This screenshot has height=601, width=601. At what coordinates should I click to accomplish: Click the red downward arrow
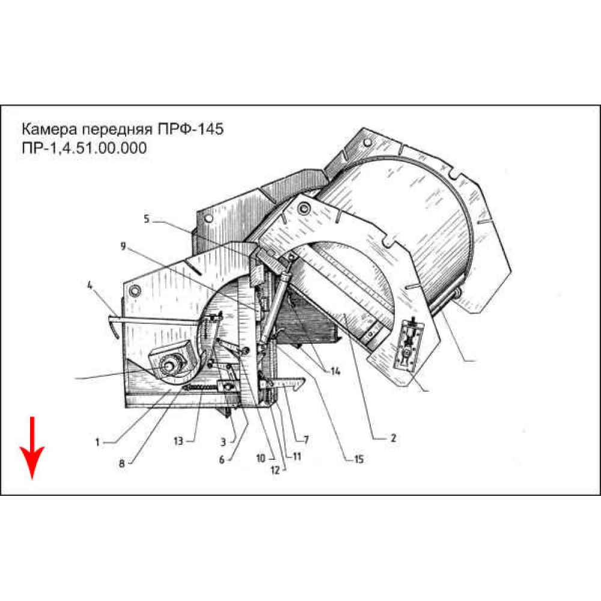[x=32, y=447]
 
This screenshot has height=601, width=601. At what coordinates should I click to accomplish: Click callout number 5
[x=147, y=219]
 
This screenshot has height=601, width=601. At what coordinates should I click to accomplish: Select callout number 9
[x=123, y=246]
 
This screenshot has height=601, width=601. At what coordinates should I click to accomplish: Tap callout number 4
[x=90, y=285]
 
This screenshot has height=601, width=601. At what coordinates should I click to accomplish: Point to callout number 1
[x=97, y=442]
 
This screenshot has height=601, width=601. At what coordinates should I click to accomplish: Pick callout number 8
[x=122, y=463]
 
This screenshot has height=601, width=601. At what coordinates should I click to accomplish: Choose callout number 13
[x=178, y=441]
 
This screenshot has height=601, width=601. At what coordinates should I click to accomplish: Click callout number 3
[x=223, y=442]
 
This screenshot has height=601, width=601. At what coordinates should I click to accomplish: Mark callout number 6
[x=222, y=460]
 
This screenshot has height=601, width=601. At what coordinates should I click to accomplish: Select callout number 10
[x=261, y=458]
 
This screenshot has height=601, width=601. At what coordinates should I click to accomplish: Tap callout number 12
[x=275, y=471]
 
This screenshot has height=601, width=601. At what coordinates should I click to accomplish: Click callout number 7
[x=307, y=440]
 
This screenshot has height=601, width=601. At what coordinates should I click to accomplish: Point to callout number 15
[x=359, y=459]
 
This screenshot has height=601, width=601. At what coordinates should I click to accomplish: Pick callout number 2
[x=393, y=438]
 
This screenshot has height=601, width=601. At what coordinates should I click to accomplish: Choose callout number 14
[x=335, y=371]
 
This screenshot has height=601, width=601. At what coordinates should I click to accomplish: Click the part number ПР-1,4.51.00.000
[x=84, y=148]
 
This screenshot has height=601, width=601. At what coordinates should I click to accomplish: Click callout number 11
[x=297, y=456]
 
